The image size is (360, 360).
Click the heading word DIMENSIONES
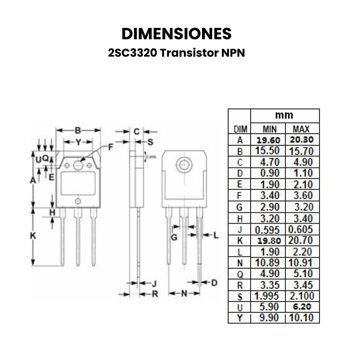coord(177,34)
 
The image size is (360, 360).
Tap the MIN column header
coord(268,129)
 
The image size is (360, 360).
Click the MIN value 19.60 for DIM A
coord(268,139)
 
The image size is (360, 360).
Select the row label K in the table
coord(240,240)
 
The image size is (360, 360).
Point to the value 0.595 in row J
coord(268,229)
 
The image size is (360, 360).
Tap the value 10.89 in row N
coord(268,262)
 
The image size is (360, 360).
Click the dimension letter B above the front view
coord(77,130)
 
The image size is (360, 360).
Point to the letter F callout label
coord(111,147)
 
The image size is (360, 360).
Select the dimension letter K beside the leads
coord(32,235)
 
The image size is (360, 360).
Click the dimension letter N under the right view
coord(184,294)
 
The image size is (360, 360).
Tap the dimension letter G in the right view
coord(174,236)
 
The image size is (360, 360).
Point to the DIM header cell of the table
coord(240,129)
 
